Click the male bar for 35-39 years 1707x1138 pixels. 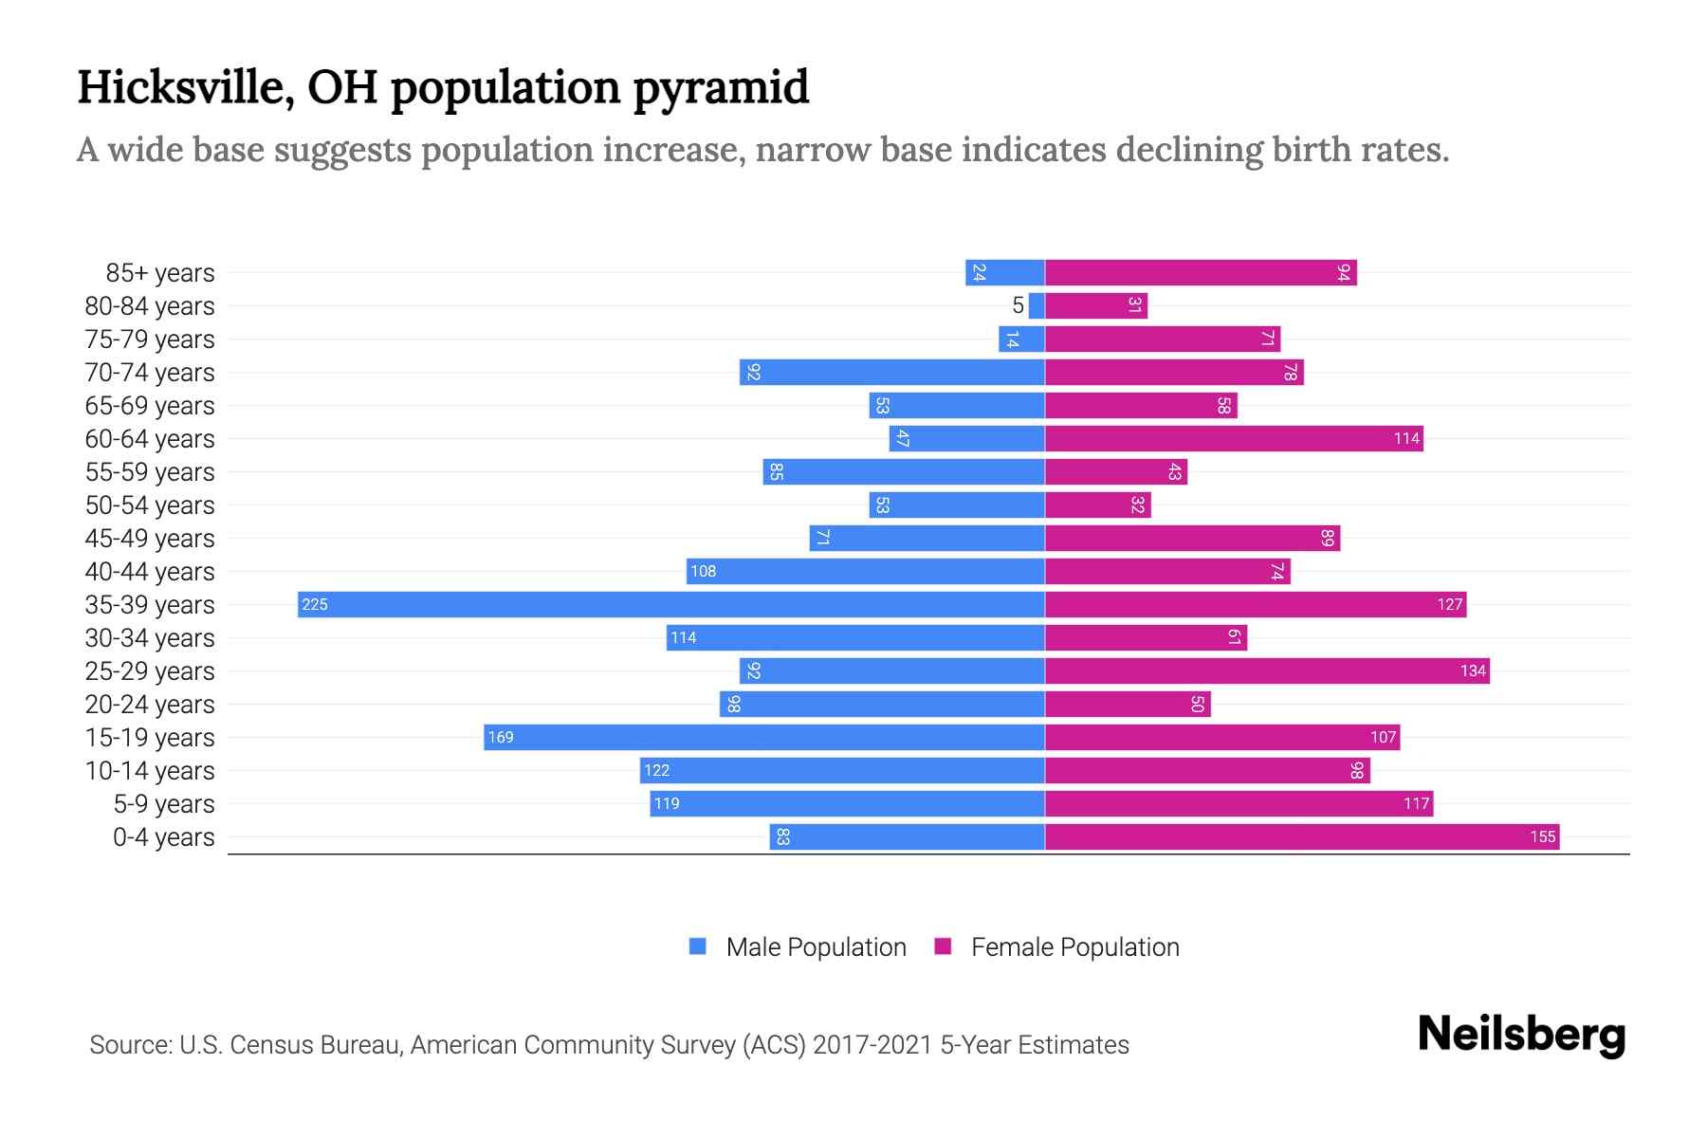tap(671, 604)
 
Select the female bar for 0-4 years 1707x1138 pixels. tap(1301, 836)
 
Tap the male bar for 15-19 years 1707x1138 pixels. tap(764, 737)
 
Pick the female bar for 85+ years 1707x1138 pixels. tap(1201, 272)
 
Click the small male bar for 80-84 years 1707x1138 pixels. tap(1037, 305)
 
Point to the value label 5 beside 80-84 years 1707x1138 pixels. tap(1018, 305)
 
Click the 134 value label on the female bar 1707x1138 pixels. tap(1472, 670)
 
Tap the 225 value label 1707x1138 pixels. tap(315, 604)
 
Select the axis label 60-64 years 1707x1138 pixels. tap(150, 439)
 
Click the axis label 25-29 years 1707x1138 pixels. tap(150, 671)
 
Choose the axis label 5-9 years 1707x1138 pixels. tap(163, 804)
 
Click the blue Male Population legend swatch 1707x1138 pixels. tap(698, 946)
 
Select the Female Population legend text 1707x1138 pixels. tap(1074, 947)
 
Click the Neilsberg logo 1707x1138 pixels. tap(1521, 1035)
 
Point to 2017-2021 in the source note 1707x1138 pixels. tap(872, 1045)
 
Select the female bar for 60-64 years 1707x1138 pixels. tap(1234, 438)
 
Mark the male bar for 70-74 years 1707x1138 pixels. tap(891, 372)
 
